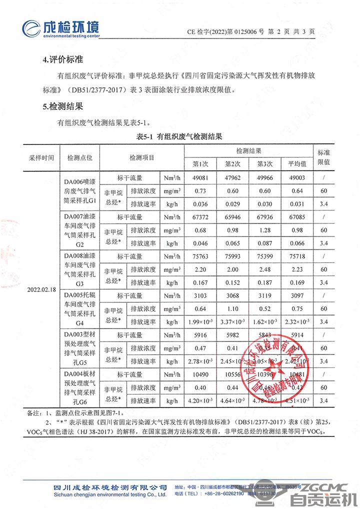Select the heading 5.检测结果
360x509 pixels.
point(63,106)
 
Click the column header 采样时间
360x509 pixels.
point(41,157)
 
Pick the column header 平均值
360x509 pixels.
point(296,163)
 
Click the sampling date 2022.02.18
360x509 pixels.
point(41,289)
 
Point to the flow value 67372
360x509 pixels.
point(200,217)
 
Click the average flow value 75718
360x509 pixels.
point(296,256)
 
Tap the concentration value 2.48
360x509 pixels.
point(263,269)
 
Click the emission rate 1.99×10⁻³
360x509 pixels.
point(200,322)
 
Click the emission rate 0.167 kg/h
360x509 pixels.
point(200,282)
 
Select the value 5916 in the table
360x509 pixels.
point(200,335)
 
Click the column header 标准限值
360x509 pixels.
point(324,157)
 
